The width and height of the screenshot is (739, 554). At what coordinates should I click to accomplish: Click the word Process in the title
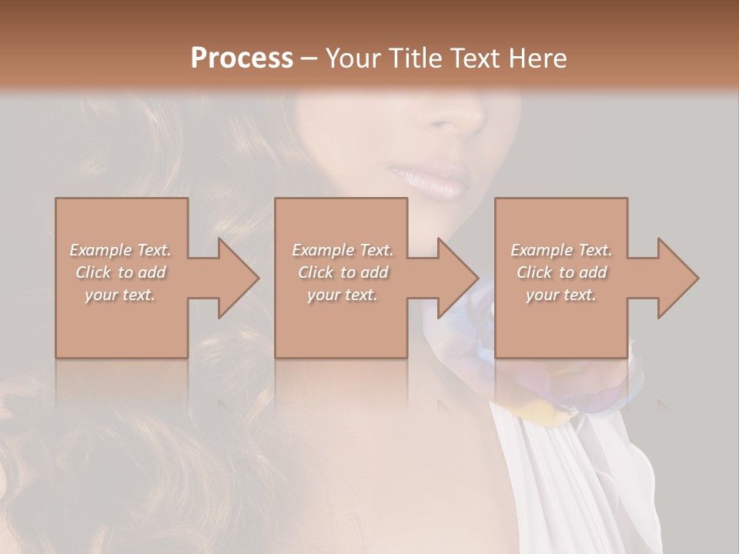pos(242,58)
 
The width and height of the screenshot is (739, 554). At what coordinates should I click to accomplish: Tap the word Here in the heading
pos(537,58)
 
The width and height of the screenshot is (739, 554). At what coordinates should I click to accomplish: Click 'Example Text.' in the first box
pos(121,250)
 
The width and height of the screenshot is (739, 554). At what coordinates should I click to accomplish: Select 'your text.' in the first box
pos(121,295)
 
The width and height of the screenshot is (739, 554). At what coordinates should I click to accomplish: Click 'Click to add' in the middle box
pos(343,272)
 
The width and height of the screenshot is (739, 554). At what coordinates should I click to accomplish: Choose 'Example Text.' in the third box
pos(561,250)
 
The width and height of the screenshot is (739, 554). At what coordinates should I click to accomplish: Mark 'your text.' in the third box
pos(561,295)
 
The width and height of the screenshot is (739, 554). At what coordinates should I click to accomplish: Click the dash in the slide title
pos(309,58)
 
